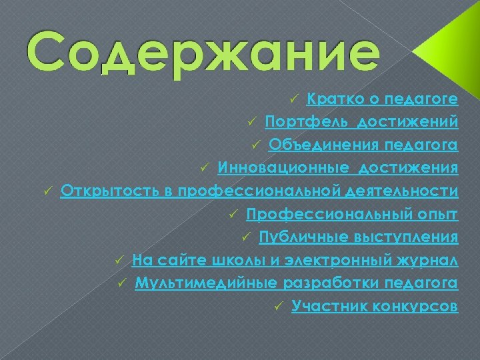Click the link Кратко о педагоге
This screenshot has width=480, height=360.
point(382,99)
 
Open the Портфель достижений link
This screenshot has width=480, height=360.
point(361,123)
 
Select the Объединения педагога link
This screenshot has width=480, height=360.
point(363,145)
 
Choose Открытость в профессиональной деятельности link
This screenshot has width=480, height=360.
point(259,191)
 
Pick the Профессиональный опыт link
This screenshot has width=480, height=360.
point(351,215)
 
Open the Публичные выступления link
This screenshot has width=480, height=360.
point(358,237)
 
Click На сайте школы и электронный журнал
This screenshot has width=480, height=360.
point(295,260)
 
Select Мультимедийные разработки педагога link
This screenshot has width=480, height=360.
point(296,283)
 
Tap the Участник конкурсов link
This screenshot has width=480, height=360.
point(375,307)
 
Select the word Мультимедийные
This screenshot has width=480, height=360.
point(205,283)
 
